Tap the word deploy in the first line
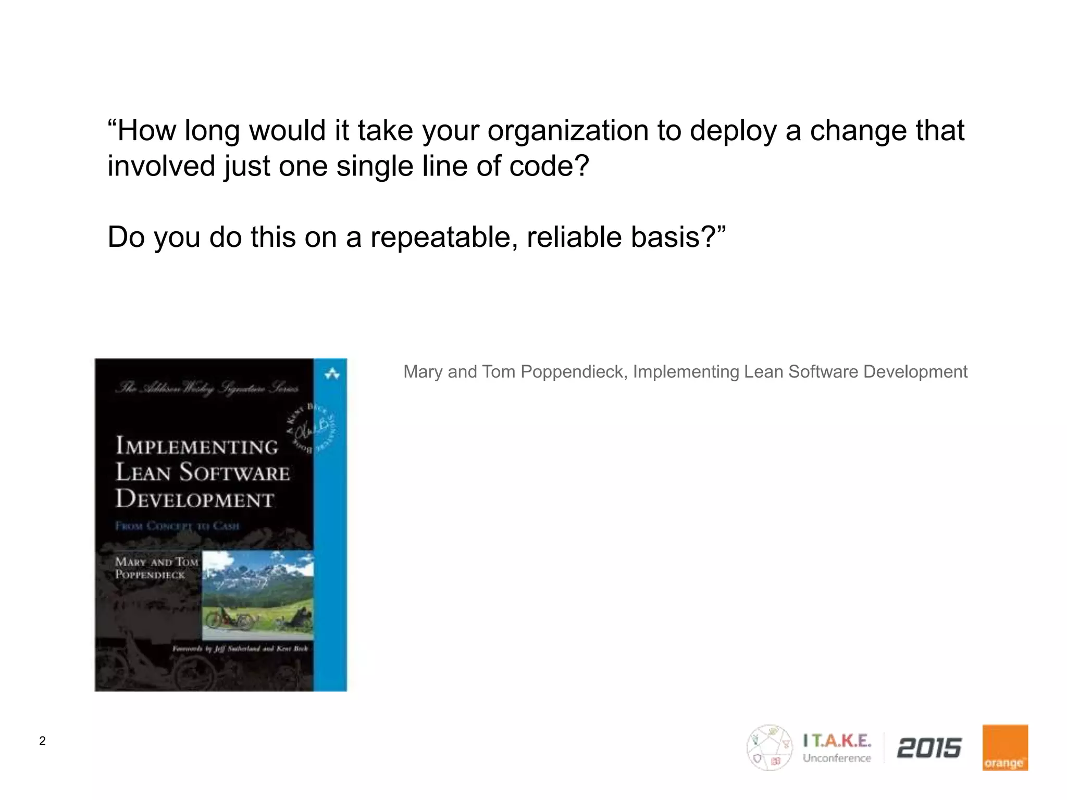(733, 131)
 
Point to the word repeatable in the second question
(444, 238)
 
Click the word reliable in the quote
(574, 238)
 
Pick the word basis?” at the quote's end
(678, 238)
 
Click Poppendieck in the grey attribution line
(574, 372)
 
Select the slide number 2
(42, 741)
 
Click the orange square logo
(1005, 747)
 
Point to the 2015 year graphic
(929, 748)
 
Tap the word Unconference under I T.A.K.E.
(837, 758)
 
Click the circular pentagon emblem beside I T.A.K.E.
(769, 747)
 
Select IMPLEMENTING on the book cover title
(197, 446)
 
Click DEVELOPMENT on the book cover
(194, 499)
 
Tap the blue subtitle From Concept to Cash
(177, 526)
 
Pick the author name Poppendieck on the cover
(150, 575)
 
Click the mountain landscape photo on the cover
(258, 595)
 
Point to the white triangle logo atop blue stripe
(332, 373)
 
